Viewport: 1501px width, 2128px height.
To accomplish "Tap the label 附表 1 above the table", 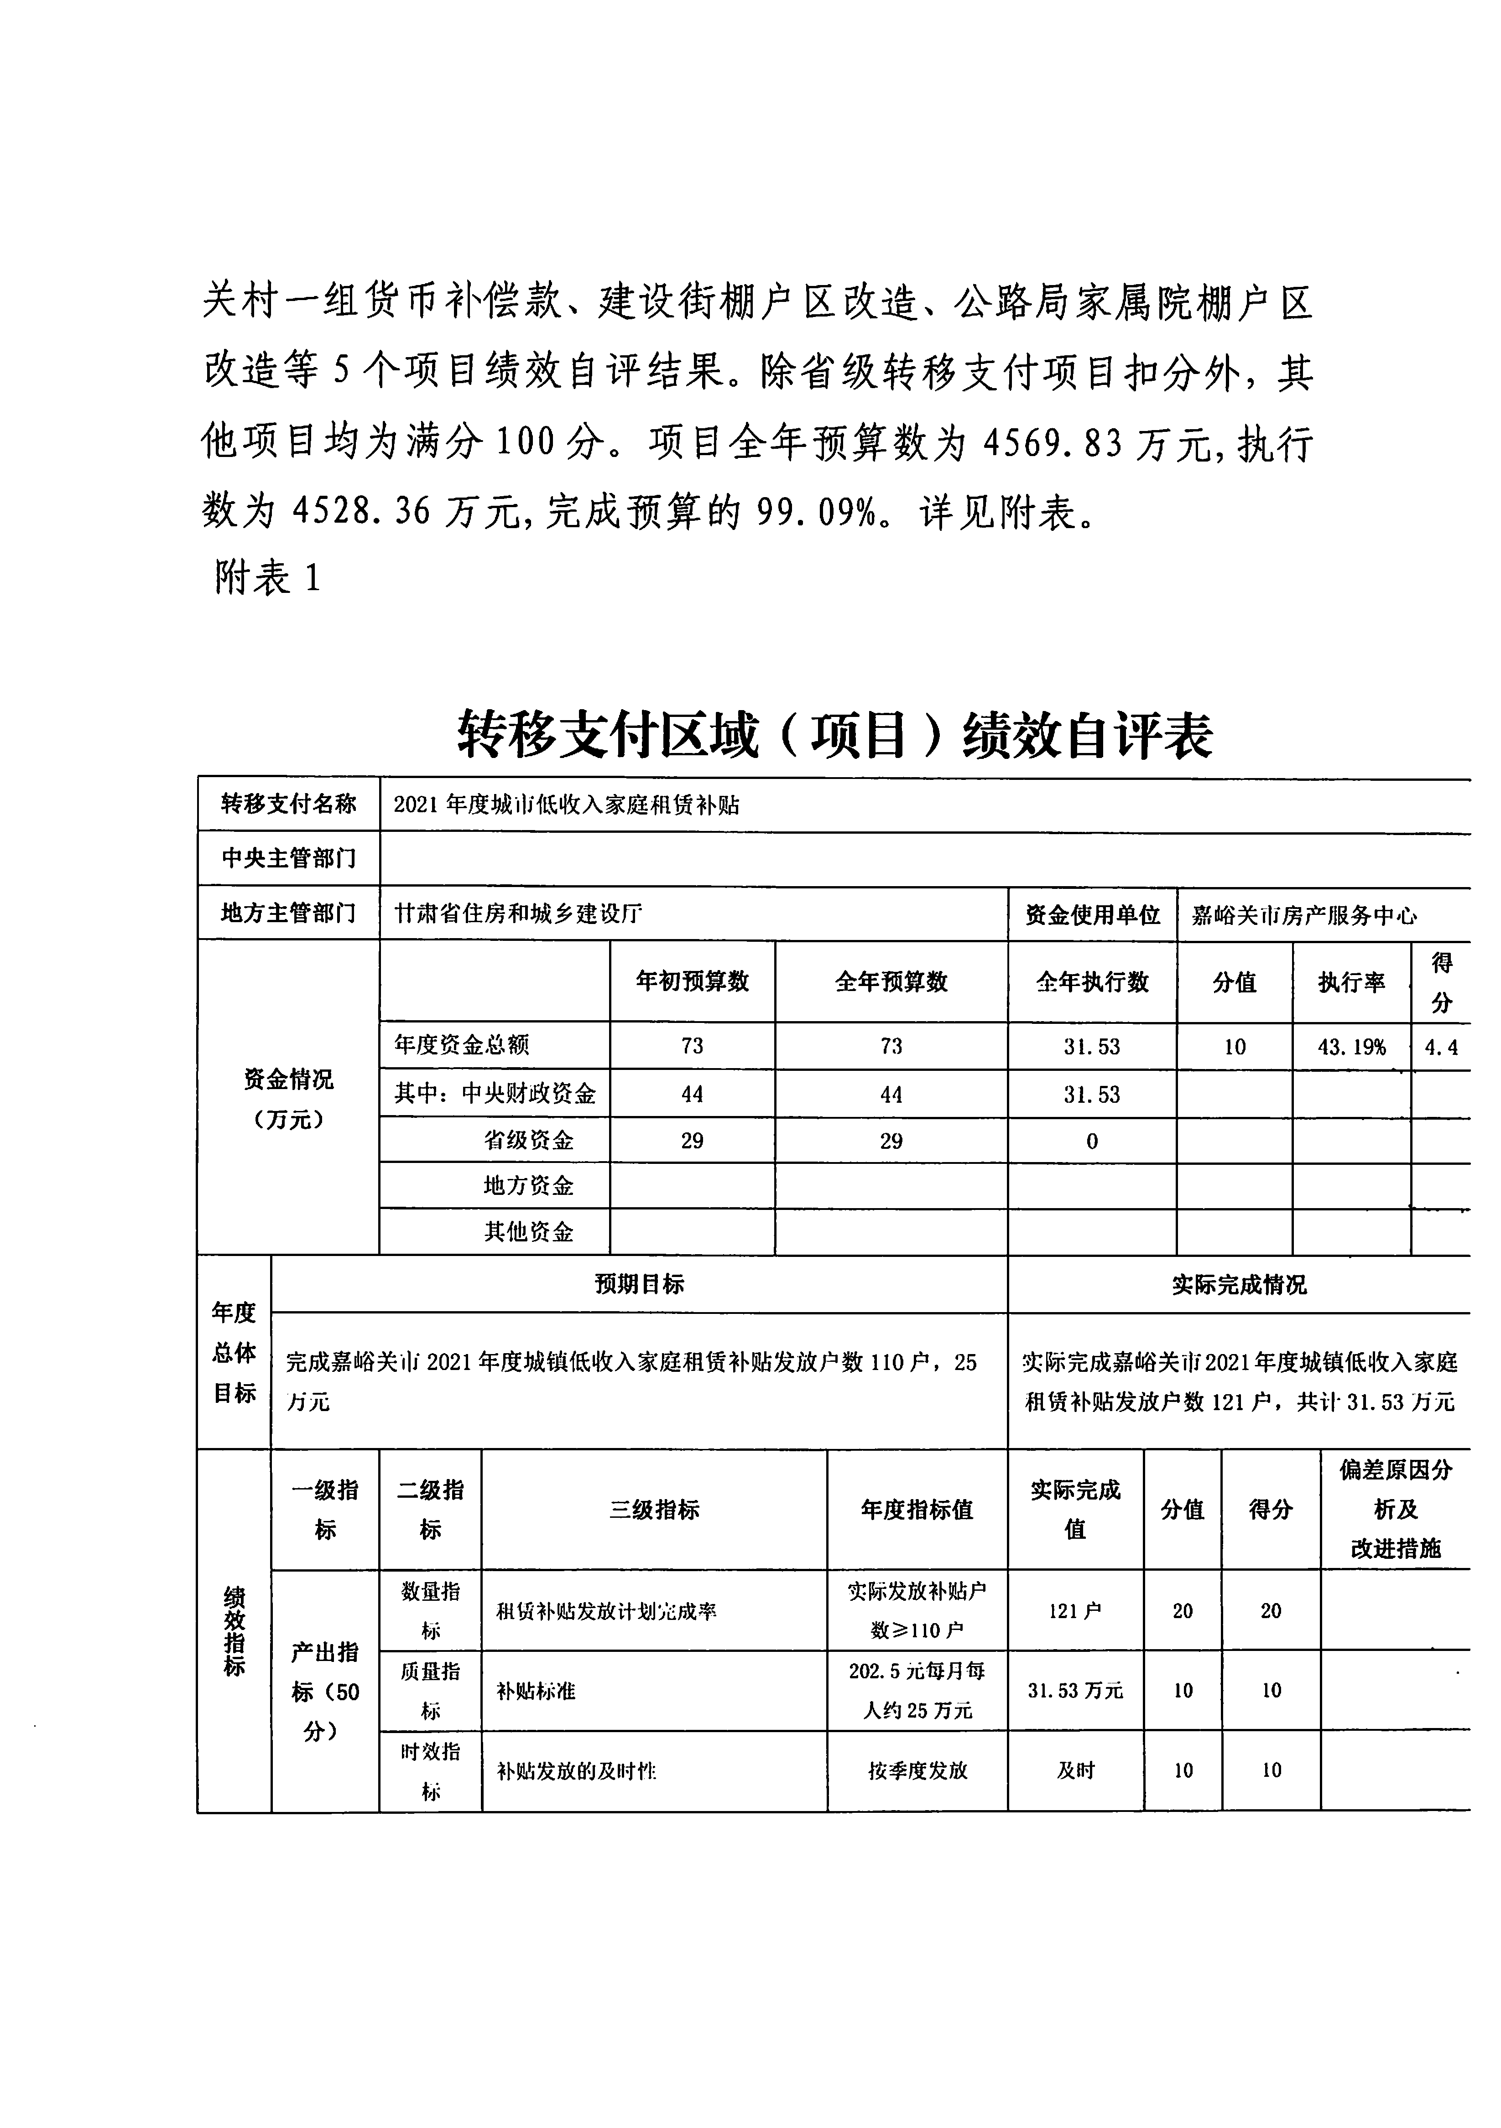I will click(x=267, y=578).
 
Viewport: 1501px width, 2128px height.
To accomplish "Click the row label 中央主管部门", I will click(x=288, y=858).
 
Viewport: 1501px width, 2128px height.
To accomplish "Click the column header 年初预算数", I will click(x=693, y=981).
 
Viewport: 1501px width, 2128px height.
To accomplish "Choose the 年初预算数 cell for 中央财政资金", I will click(x=693, y=1095).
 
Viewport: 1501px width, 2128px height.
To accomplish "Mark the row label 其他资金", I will click(x=528, y=1232).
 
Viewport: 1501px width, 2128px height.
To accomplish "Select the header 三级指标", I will click(x=654, y=1510).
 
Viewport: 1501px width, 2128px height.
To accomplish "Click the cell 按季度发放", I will click(x=917, y=1770).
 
